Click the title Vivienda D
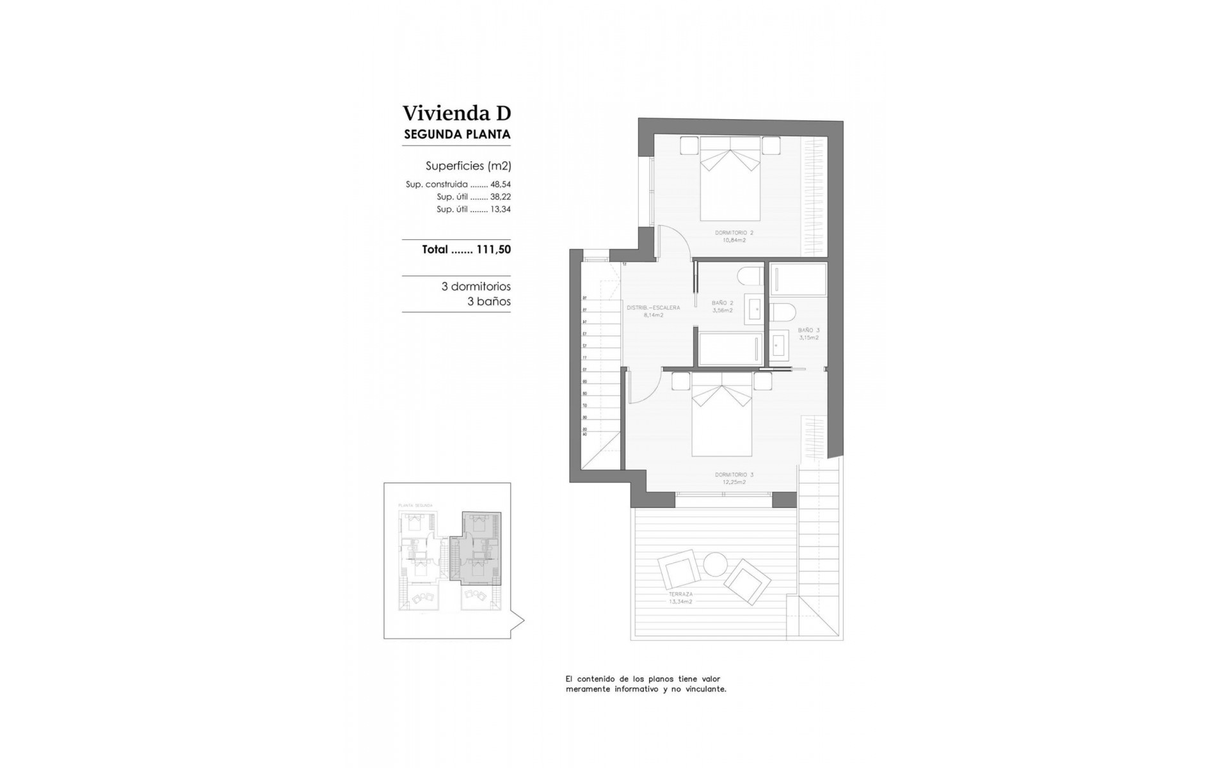(456, 113)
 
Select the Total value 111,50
(494, 250)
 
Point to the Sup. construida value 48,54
(501, 184)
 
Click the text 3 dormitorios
(476, 287)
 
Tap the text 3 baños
(488, 301)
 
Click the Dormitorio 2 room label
(734, 236)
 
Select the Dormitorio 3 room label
(734, 478)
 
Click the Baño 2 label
(722, 307)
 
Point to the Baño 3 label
(808, 333)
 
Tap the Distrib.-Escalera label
(653, 311)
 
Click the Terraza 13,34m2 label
(680, 598)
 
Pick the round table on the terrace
(715, 564)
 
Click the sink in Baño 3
(780, 346)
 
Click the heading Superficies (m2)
(468, 166)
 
